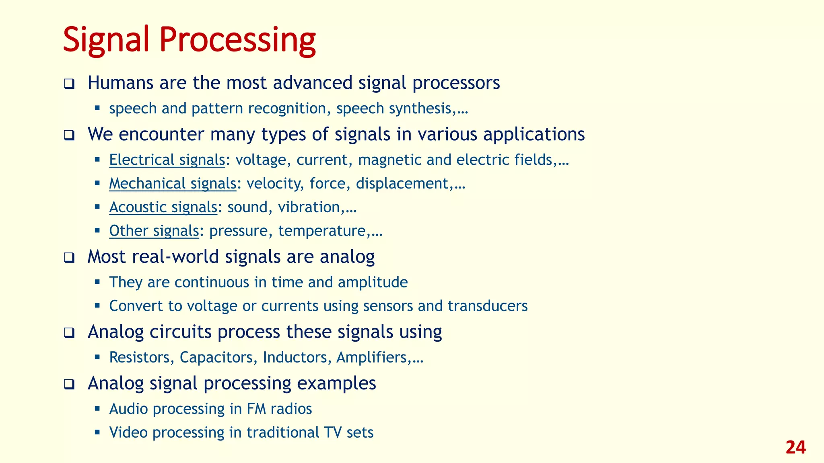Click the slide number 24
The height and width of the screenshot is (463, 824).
pyautogui.click(x=795, y=447)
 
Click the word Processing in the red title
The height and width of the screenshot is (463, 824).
pyautogui.click(x=237, y=40)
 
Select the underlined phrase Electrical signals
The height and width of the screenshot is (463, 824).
pyautogui.click(x=167, y=160)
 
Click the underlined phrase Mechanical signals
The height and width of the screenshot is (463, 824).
pyautogui.click(x=173, y=184)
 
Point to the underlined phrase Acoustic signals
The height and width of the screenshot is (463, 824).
pyautogui.click(x=163, y=207)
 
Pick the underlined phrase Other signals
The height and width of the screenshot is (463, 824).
pyautogui.click(x=154, y=231)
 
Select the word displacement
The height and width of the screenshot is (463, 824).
pyautogui.click(x=402, y=184)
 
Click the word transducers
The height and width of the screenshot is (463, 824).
pyautogui.click(x=487, y=306)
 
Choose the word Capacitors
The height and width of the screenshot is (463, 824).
pyautogui.click(x=216, y=357)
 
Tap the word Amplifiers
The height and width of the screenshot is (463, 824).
pyautogui.click(x=371, y=357)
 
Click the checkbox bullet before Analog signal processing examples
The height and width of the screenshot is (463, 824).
pyautogui.click(x=69, y=385)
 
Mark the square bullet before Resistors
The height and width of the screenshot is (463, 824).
pyautogui.click(x=97, y=356)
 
